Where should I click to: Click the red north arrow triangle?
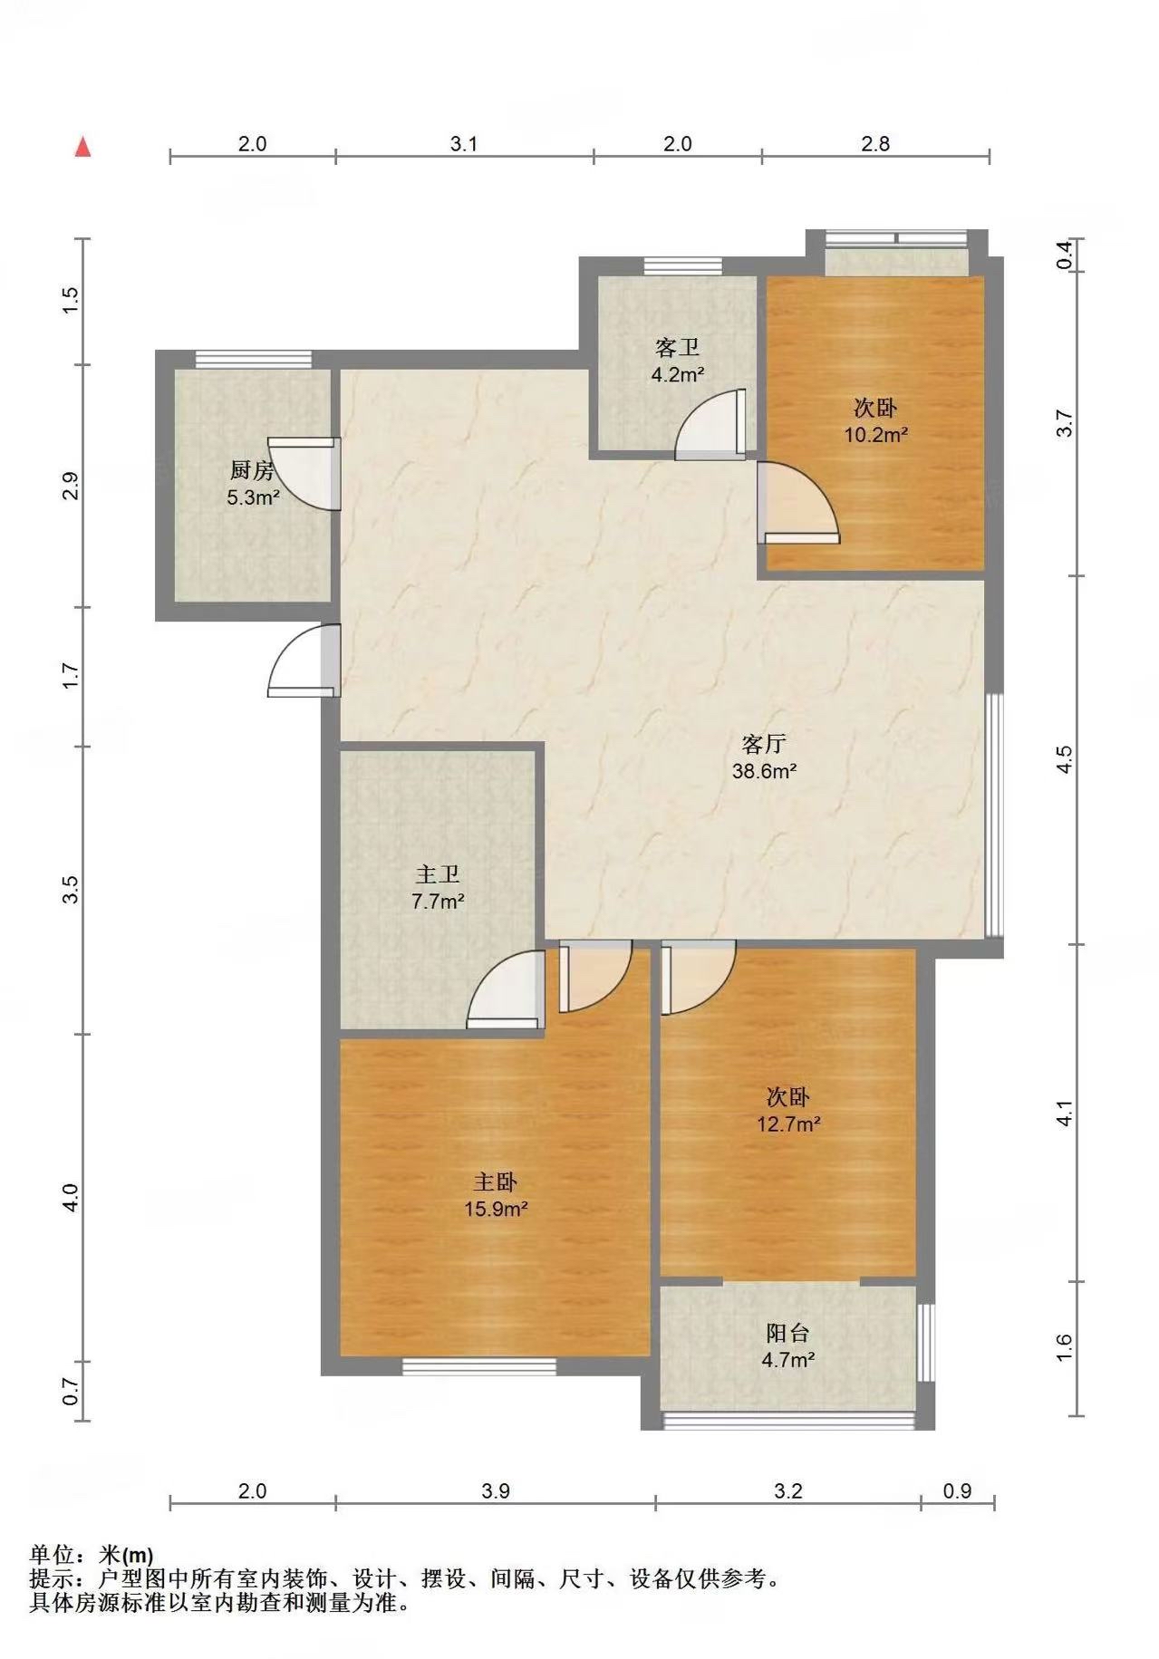tap(83, 146)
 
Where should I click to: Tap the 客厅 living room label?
tap(763, 744)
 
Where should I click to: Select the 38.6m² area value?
tap(764, 772)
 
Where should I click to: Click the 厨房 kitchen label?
tap(251, 470)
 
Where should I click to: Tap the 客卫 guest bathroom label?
tap(677, 347)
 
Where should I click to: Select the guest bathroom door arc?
tap(712, 423)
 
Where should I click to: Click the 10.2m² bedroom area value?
tap(876, 435)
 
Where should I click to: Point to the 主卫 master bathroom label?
tap(438, 874)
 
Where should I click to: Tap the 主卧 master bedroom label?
tap(496, 1182)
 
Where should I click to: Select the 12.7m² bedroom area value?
tap(788, 1124)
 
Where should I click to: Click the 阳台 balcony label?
tap(787, 1333)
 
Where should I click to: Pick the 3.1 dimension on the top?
tap(464, 143)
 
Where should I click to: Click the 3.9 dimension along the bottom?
tap(496, 1490)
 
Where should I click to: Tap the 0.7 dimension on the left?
tap(71, 1391)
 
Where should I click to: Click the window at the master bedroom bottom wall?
tap(479, 1366)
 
